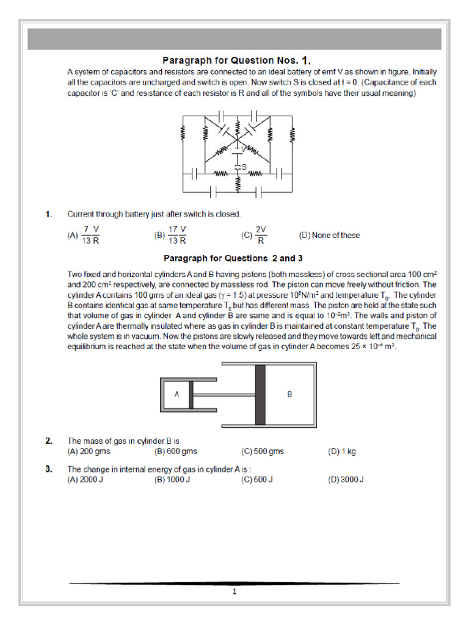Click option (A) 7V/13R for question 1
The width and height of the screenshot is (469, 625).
[x=85, y=235]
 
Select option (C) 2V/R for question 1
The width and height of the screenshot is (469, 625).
[x=256, y=235]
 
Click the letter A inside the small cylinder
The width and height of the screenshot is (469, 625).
[x=176, y=394]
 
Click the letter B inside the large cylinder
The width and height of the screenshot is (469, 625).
[x=290, y=394]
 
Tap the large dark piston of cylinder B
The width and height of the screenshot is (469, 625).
[x=260, y=394]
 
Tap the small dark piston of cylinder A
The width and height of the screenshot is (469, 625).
[x=191, y=394]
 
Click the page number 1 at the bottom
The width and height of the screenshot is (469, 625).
[x=234, y=591]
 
